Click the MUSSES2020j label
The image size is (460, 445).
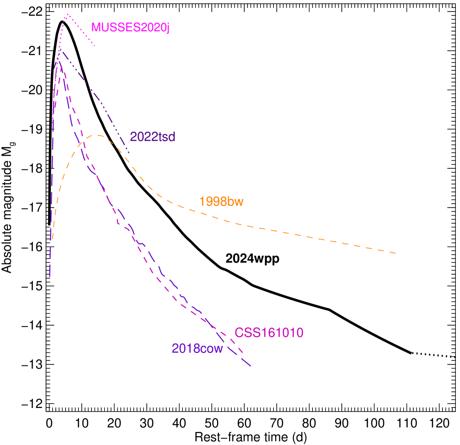pos(130,28)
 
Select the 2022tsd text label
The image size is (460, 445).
pos(152,137)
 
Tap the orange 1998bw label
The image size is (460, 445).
pos(221,202)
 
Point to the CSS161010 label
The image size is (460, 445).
pos(269,333)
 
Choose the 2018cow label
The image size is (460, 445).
pos(197,349)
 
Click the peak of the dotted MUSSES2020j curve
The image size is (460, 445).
pos(67,14)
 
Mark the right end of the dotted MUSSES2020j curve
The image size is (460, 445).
pos(95,46)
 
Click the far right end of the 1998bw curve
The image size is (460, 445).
pos(396,253)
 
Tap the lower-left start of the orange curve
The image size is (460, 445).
pos(52,241)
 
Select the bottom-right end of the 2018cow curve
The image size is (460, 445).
pos(251,366)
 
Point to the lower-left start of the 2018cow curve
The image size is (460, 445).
pos(49,277)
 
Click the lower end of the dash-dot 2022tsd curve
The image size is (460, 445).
pos(129,153)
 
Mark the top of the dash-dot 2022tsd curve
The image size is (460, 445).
pos(60,51)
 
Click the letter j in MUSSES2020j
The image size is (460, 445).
pos(168,29)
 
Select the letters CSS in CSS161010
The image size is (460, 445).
pos(246,333)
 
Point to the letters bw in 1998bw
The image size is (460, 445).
pos(236,202)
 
